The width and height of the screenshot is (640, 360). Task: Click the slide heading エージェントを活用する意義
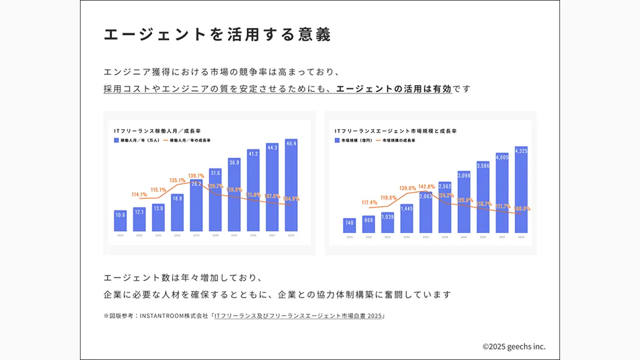click(217, 34)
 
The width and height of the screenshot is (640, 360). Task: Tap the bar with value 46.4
click(291, 186)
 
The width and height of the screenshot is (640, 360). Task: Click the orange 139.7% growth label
click(196, 175)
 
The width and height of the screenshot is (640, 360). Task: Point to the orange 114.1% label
click(139, 194)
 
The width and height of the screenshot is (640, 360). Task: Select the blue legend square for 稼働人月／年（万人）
click(117, 140)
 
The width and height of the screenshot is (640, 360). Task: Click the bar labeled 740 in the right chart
click(349, 225)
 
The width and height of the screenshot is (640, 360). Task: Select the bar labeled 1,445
click(406, 218)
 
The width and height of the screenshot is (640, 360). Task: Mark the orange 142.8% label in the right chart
click(427, 186)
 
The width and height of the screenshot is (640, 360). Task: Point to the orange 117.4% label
click(369, 202)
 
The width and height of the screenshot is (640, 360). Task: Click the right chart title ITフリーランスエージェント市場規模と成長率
click(395, 131)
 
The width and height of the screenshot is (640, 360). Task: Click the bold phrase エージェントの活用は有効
click(394, 89)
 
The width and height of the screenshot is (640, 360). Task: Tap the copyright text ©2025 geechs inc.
click(514, 346)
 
